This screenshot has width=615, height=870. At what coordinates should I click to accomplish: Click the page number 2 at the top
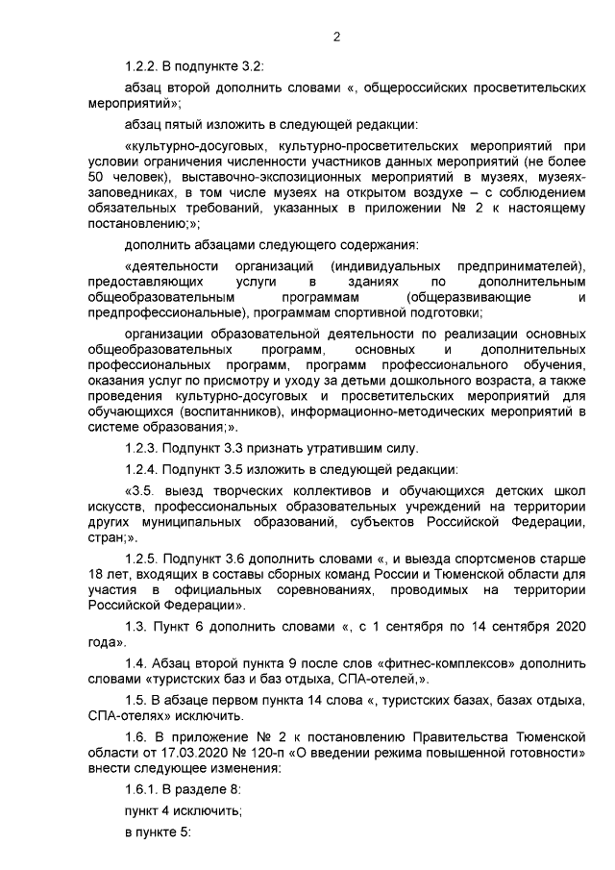point(336,37)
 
